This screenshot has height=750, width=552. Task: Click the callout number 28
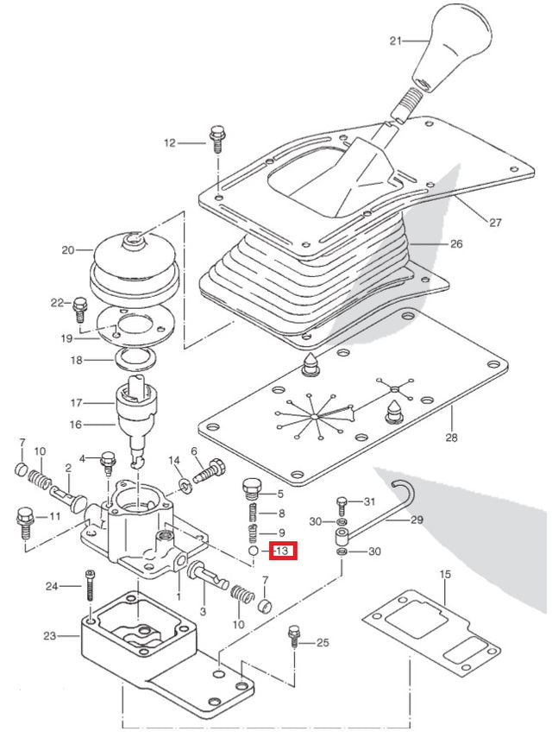[452, 438]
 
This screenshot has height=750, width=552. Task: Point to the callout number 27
[495, 223]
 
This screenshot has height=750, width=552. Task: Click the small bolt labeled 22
[80, 306]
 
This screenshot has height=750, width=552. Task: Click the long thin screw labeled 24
[91, 586]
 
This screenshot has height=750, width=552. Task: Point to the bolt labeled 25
[296, 639]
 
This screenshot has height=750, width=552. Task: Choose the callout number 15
[445, 574]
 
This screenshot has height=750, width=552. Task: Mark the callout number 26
[456, 244]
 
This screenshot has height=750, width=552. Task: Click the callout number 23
[49, 637]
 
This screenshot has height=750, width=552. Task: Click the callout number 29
[417, 520]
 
